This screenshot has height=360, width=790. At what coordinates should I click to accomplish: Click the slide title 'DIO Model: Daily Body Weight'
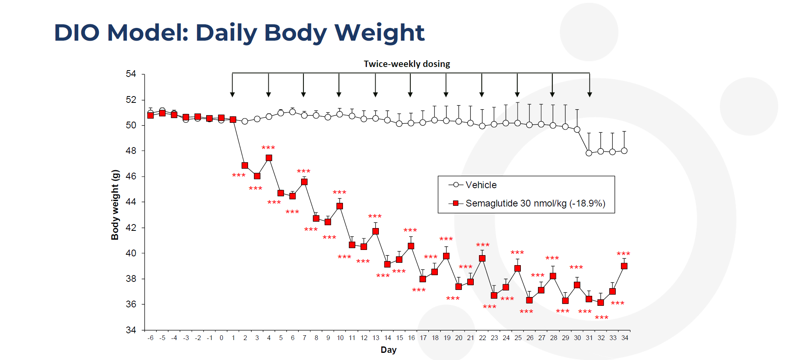pyautogui.click(x=239, y=33)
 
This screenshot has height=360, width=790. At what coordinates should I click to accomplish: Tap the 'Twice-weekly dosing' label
pyautogui.click(x=407, y=64)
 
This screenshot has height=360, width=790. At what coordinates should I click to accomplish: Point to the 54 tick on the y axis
pyautogui.click(x=131, y=74)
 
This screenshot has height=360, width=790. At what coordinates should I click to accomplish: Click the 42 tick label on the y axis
pyautogui.click(x=131, y=228)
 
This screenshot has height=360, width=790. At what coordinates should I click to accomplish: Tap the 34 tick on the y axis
pyautogui.click(x=131, y=330)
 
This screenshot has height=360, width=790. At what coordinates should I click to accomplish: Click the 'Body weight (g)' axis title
pyautogui.click(x=115, y=205)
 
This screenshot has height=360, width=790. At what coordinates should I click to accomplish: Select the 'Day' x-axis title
pyautogui.click(x=388, y=350)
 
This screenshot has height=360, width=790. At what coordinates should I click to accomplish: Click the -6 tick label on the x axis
pyautogui.click(x=150, y=338)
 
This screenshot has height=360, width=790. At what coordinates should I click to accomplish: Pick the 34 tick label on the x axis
pyautogui.click(x=625, y=338)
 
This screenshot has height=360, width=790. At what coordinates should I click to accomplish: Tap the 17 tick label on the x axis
pyautogui.click(x=423, y=338)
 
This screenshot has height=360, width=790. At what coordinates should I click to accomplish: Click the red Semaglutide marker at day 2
pyautogui.click(x=245, y=165)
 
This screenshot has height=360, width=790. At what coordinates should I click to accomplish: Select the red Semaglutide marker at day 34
pyautogui.click(x=624, y=266)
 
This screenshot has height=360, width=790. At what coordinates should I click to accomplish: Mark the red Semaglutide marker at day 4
pyautogui.click(x=269, y=158)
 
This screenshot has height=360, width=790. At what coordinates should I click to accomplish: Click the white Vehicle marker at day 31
pyautogui.click(x=589, y=153)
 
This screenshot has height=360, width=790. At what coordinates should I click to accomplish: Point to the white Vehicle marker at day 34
pyautogui.click(x=624, y=151)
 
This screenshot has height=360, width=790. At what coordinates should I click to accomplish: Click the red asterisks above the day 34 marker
pyautogui.click(x=623, y=254)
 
